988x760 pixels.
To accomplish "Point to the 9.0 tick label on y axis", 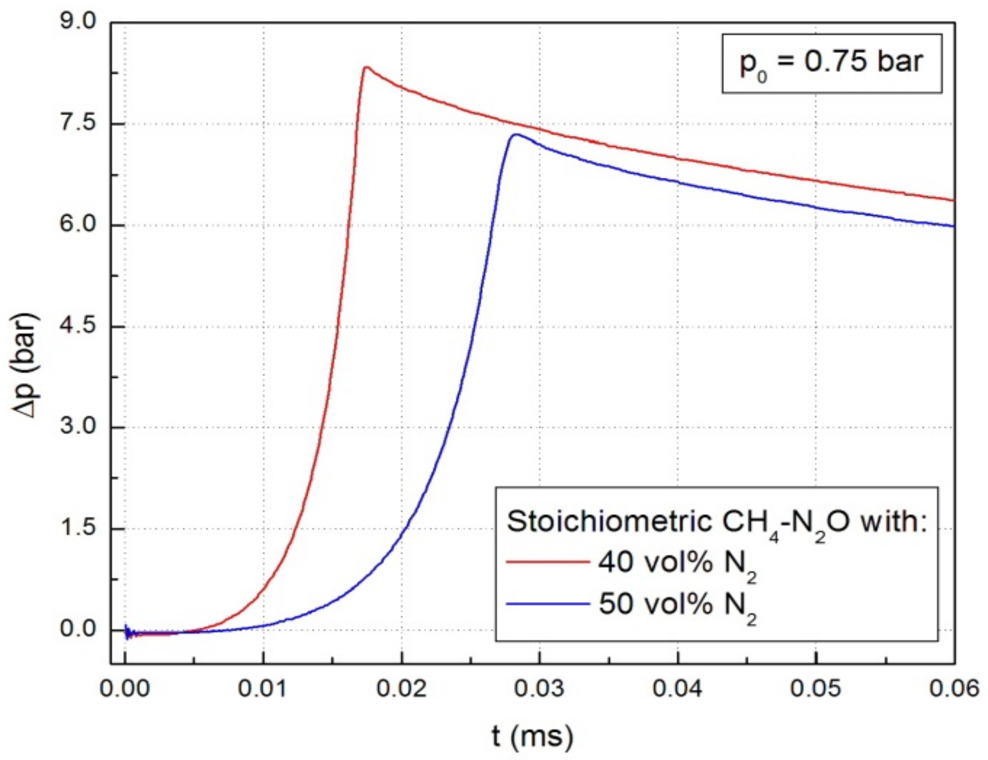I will tap(78, 22).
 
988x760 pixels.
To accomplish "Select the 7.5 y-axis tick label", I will tap(78, 123).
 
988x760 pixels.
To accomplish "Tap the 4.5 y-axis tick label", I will tap(78, 326).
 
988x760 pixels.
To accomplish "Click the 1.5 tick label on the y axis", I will tap(78, 528).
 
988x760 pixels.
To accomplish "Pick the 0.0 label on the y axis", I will tap(78, 629).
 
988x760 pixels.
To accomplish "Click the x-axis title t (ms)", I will tap(532, 737).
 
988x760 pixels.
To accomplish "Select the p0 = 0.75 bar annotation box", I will tap(831, 63).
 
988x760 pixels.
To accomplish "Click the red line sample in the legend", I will tap(547, 562).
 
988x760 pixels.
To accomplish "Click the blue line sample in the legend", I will tap(547, 604).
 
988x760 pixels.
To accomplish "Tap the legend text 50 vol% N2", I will tap(677, 606).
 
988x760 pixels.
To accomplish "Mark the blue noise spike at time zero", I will tap(127, 631).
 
